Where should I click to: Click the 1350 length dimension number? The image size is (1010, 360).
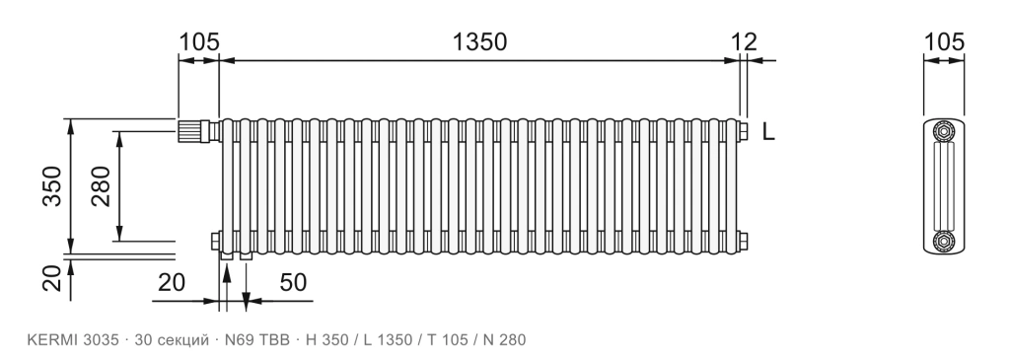point(479,41)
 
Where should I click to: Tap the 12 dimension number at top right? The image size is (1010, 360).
point(744,41)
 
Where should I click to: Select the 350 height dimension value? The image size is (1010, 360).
point(52,186)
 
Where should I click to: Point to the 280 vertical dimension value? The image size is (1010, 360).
point(101,186)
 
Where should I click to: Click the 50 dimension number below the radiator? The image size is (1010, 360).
point(293,282)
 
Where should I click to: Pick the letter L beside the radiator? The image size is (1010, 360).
point(767,132)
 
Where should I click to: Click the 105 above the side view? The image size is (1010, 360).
point(944,41)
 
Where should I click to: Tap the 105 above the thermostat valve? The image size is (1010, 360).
point(199,41)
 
